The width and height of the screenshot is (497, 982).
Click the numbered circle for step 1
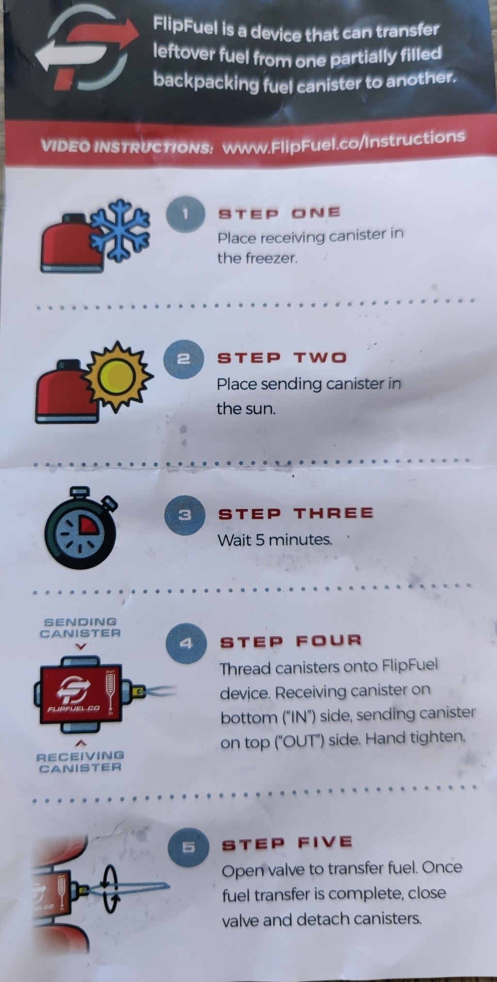[x=185, y=214]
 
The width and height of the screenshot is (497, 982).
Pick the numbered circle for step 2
[x=183, y=359]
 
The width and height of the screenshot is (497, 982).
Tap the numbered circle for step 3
[x=184, y=515]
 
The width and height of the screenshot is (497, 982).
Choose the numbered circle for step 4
[x=186, y=643]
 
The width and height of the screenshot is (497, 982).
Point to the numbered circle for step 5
[x=189, y=847]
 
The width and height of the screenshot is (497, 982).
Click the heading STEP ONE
[x=279, y=213]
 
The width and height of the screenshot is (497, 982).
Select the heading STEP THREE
[x=296, y=514]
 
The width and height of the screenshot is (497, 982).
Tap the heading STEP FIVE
[x=287, y=842]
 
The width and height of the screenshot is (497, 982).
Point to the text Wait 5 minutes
[x=275, y=540]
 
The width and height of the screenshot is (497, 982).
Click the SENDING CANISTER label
[x=80, y=628]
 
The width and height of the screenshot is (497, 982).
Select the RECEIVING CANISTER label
[x=80, y=762]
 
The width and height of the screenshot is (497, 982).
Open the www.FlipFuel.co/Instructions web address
[x=343, y=143]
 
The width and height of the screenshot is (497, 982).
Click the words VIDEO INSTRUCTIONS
[x=127, y=147]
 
